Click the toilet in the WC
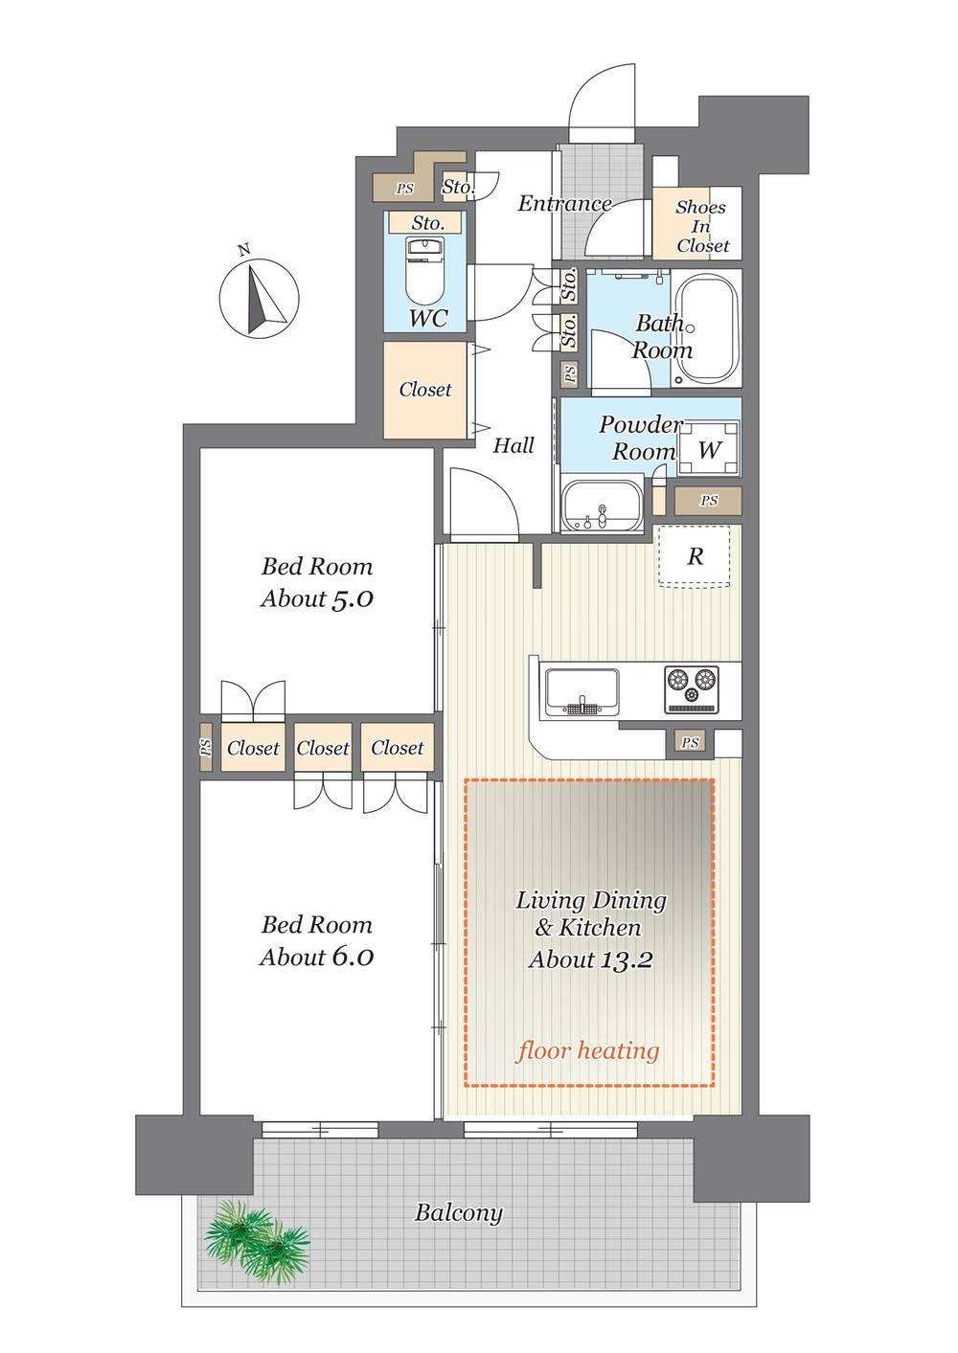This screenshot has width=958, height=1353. click(x=425, y=271)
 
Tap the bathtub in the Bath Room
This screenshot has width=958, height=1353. click(x=707, y=328)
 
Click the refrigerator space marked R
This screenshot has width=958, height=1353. click(x=696, y=556)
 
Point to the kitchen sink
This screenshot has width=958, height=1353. click(x=582, y=692)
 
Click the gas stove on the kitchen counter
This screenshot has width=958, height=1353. click(x=692, y=689)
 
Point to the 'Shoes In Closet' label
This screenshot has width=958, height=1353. click(x=701, y=227)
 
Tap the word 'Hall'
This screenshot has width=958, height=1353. click(x=513, y=446)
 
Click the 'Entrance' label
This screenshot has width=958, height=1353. click(x=564, y=204)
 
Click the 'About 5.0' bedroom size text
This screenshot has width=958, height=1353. click(x=317, y=598)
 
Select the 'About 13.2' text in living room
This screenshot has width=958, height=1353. click(x=590, y=959)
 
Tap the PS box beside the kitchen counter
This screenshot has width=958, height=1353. click(x=691, y=743)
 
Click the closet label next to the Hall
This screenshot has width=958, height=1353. click(x=425, y=390)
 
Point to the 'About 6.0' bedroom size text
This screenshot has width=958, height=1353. click(x=317, y=957)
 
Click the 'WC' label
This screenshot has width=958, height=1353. click(x=428, y=318)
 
